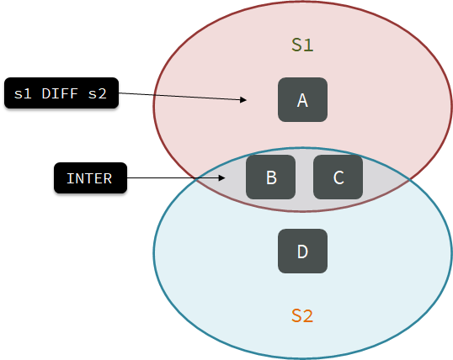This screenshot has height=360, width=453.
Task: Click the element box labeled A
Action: point(302,99)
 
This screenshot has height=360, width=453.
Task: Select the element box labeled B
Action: point(270,177)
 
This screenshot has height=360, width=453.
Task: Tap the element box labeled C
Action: point(338,177)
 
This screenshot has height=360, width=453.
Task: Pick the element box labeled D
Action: point(302,251)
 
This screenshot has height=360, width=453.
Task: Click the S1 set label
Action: point(302,45)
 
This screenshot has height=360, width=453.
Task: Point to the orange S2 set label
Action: point(302,315)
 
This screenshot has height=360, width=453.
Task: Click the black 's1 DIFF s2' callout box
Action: point(61,93)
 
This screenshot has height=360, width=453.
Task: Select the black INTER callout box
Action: point(90,177)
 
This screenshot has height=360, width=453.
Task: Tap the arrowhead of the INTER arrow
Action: point(222,177)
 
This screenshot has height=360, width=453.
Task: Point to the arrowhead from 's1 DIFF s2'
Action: point(243,99)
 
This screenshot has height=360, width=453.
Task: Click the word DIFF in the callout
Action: point(60,93)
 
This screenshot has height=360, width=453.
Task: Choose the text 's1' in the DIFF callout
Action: point(23,93)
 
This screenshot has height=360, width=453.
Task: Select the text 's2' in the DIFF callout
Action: point(98,93)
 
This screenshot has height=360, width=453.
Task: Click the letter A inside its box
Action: point(302,100)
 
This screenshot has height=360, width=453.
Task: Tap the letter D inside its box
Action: point(302,251)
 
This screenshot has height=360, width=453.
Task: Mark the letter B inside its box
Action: point(271,177)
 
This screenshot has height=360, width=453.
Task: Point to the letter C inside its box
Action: point(338,177)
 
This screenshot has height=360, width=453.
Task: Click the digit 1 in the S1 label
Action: point(308,45)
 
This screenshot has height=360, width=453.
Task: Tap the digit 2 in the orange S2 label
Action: point(308,315)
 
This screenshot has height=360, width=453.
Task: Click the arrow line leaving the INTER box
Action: point(176,177)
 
